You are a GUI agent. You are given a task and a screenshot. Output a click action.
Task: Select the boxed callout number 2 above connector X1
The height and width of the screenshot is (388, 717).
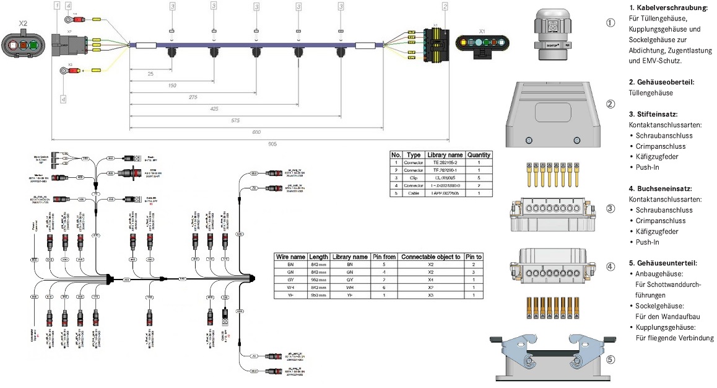445,7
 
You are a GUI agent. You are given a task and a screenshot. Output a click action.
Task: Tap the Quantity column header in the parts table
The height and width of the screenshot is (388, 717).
478,154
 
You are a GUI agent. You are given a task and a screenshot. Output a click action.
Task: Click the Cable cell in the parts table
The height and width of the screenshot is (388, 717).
414,193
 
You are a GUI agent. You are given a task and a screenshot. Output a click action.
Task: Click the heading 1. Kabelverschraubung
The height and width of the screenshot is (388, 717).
667,8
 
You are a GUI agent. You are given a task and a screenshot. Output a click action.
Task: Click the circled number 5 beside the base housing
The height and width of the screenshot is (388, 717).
611,358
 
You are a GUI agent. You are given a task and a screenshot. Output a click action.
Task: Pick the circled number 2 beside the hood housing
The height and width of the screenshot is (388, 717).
611,104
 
